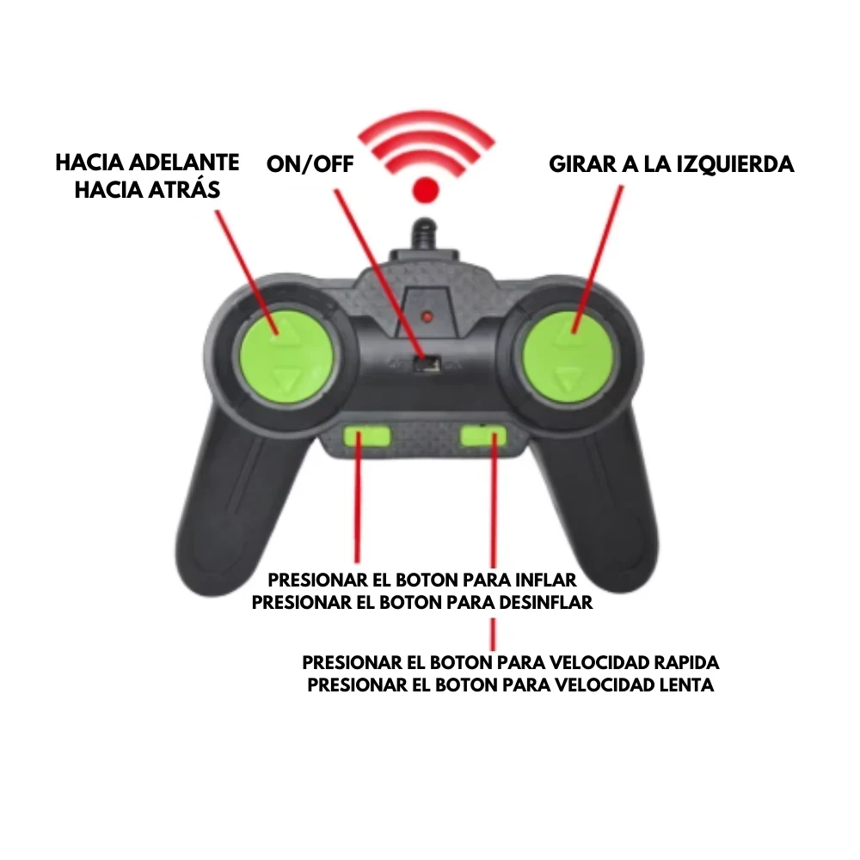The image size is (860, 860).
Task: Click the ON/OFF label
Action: tap(310, 164)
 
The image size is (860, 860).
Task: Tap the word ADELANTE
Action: tap(186, 163)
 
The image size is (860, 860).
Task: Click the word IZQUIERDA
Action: tap(735, 164)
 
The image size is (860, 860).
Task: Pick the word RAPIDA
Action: tap(686, 662)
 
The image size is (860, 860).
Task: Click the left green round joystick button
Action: tap(286, 354)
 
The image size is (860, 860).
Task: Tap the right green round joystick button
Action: tap(567, 355)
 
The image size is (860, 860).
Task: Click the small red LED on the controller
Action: tap(427, 316)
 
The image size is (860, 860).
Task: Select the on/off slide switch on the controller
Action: tap(427, 363)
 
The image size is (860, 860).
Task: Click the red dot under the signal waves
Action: tap(427, 190)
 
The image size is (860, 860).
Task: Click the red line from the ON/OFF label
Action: tap(379, 273)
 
